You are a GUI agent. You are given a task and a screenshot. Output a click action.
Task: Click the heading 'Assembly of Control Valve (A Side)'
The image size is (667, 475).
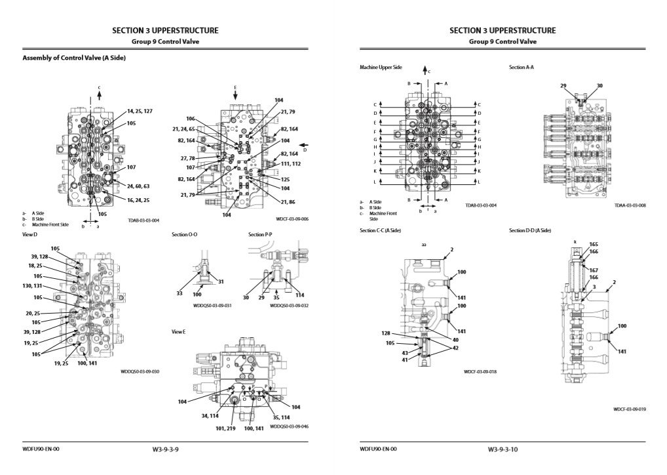coord(74,58)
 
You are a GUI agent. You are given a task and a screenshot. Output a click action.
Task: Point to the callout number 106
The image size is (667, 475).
coord(191,119)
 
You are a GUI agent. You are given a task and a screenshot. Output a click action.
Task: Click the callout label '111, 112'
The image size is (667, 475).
coord(291,163)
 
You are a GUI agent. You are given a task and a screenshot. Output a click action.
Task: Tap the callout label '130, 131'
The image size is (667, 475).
coord(33,286)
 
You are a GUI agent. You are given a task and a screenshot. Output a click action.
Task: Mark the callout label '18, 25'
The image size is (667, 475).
coord(36,266)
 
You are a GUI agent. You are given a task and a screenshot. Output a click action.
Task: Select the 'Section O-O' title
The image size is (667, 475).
coord(185,234)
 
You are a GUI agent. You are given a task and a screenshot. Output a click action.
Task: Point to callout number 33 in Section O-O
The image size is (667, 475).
coord(179,293)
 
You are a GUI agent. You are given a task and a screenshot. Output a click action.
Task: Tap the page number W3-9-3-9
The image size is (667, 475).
coord(165,450)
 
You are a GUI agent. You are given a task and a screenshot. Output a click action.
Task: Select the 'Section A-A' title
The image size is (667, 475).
coord(521,68)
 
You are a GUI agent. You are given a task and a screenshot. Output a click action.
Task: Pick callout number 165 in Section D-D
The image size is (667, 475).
coord(594,244)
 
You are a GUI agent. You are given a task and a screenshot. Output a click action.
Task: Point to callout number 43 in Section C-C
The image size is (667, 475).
coord(404,353)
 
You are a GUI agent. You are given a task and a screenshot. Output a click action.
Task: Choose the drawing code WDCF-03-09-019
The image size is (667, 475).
coord(630,409)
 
